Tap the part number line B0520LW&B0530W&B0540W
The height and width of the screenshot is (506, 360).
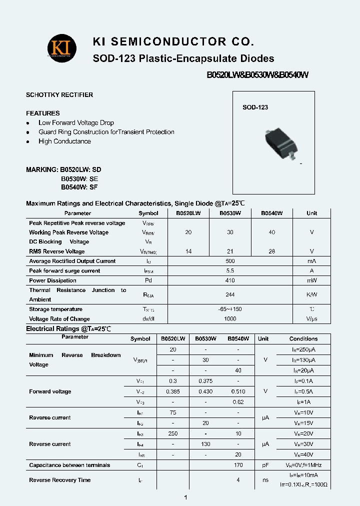[x=258, y=75]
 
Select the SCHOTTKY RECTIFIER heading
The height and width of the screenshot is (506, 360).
[x=59, y=95]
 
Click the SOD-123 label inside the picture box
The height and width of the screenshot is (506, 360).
[x=255, y=107]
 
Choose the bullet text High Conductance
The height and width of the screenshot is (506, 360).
[x=64, y=141]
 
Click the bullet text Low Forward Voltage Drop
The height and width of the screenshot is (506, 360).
[x=76, y=123]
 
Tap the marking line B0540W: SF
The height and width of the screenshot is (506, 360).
[x=79, y=187]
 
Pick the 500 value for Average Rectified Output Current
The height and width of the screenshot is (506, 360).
[x=230, y=261]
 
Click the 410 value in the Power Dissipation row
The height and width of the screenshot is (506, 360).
[x=230, y=280]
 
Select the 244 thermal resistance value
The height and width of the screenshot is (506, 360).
[x=230, y=295]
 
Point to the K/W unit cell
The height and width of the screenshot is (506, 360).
[x=311, y=295]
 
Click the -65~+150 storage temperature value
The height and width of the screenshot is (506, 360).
[x=230, y=309]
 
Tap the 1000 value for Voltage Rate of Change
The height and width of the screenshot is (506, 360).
[x=230, y=319]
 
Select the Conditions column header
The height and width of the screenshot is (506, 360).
[x=303, y=338]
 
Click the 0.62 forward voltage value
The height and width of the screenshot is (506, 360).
[x=238, y=402]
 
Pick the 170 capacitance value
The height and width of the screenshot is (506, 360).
[x=238, y=465]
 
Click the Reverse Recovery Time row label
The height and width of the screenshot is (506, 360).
[x=60, y=480]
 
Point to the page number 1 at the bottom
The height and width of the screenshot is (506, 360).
[x=185, y=497]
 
